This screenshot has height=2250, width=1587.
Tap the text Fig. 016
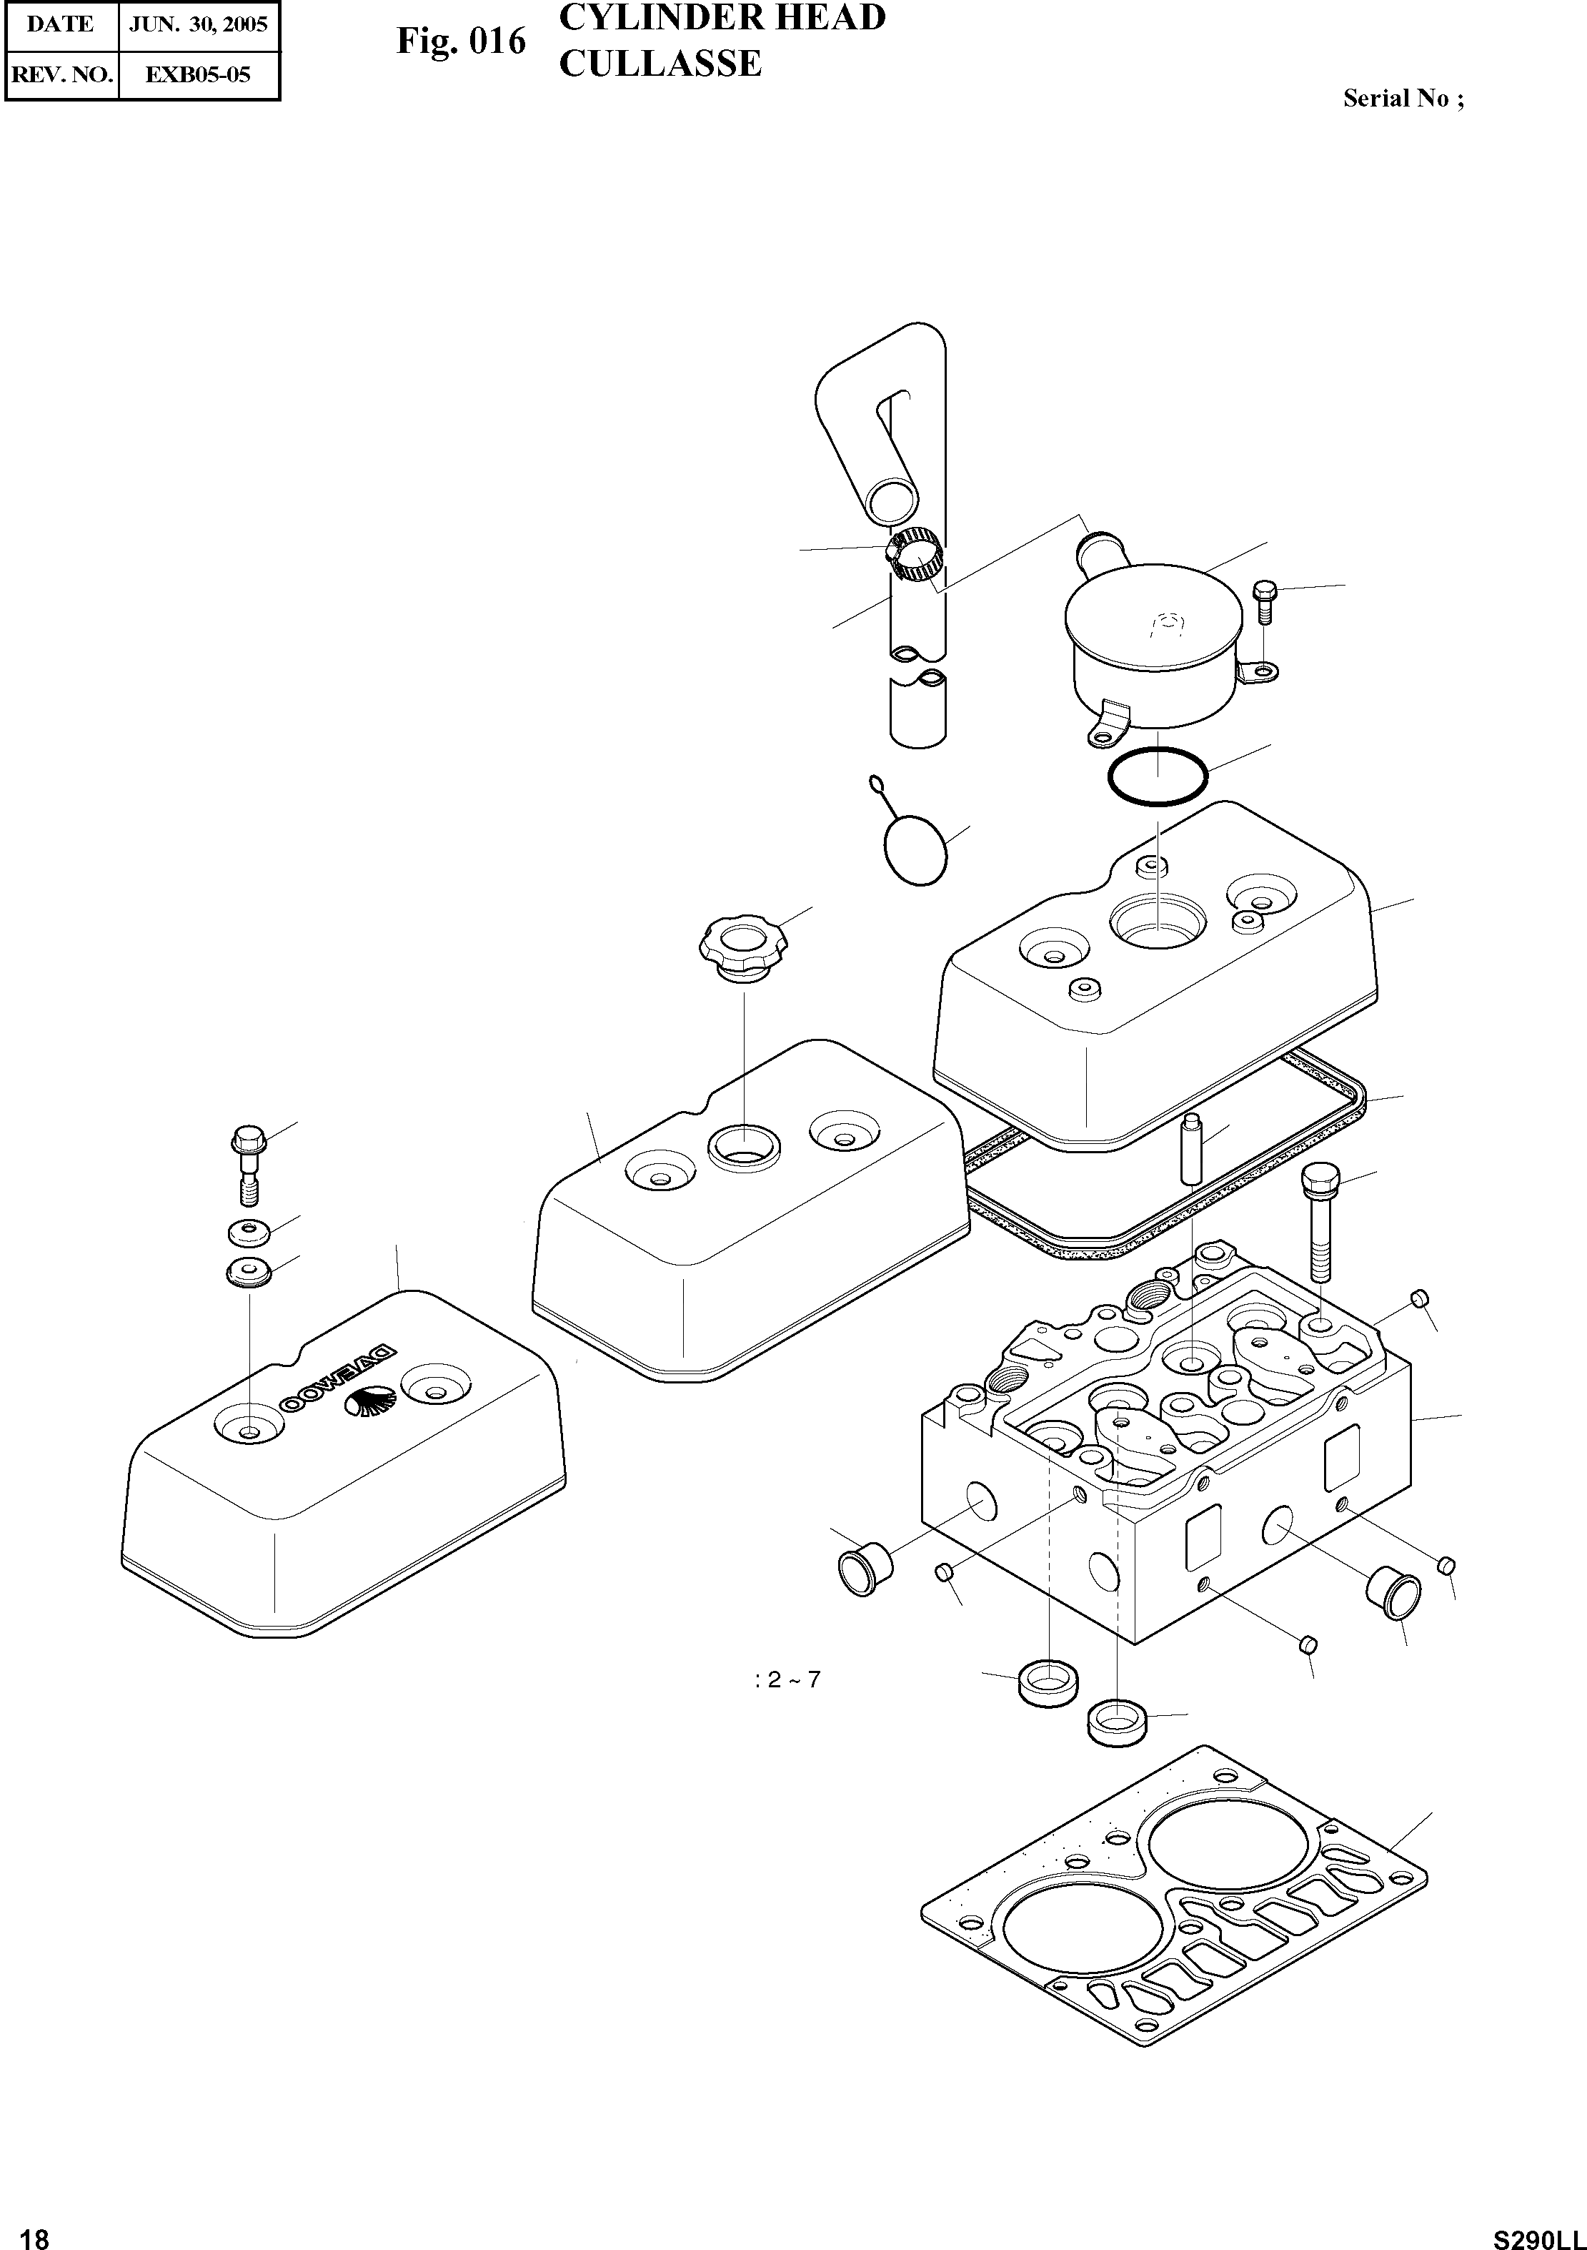(460, 43)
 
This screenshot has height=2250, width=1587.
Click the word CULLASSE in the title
(660, 64)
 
